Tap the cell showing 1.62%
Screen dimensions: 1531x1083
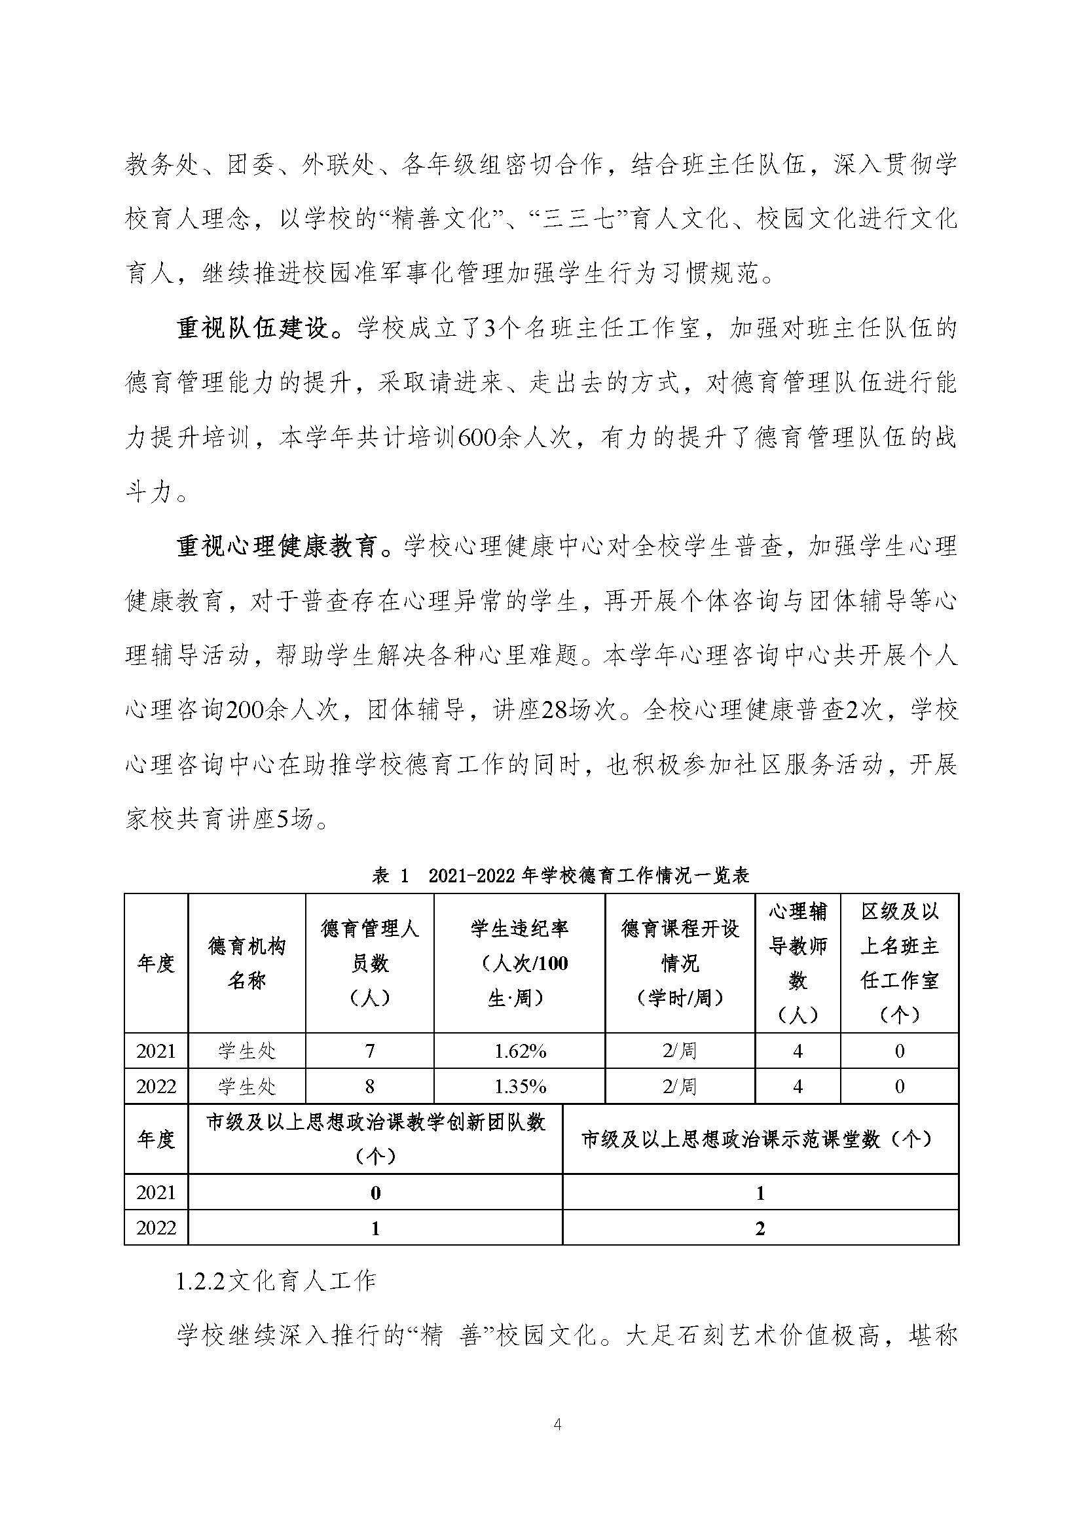point(519,1052)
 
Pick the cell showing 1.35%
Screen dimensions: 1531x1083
point(519,1087)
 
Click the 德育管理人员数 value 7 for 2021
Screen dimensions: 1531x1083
point(369,1052)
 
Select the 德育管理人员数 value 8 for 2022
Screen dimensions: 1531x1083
point(369,1087)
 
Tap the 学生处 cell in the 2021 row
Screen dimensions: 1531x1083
point(247,1052)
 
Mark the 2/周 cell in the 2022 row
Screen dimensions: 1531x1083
point(680,1087)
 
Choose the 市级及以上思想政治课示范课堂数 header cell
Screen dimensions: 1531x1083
point(760,1140)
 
